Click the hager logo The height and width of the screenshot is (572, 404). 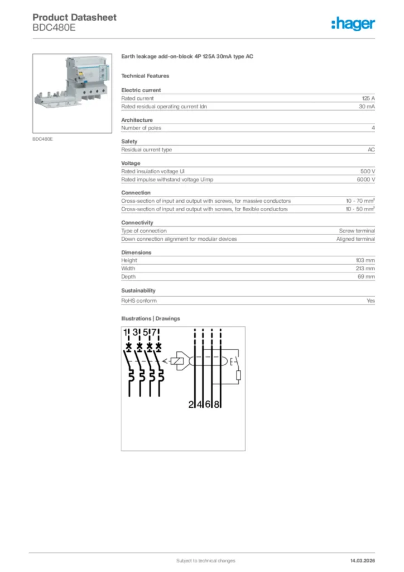(x=353, y=23)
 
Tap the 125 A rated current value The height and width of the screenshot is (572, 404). (x=368, y=98)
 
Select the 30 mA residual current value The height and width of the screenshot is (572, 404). (x=367, y=106)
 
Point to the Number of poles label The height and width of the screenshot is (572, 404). (x=141, y=128)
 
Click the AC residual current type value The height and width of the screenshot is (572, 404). (x=371, y=150)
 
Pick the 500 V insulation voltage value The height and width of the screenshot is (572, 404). (x=368, y=171)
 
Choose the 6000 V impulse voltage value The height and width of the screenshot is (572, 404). (x=365, y=179)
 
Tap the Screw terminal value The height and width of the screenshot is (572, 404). (x=357, y=231)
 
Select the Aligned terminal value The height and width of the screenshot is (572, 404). (x=355, y=239)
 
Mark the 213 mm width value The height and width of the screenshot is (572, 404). (x=365, y=268)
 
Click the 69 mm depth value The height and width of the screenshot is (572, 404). (x=366, y=277)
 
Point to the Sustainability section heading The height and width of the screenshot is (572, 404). (x=138, y=290)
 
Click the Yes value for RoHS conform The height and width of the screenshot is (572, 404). (x=371, y=301)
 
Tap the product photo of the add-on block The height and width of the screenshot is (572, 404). (x=73, y=93)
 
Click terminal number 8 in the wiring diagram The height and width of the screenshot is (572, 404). (x=217, y=404)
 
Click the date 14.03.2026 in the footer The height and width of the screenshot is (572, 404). (x=362, y=560)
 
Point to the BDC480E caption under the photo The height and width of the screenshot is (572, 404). (x=42, y=139)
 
